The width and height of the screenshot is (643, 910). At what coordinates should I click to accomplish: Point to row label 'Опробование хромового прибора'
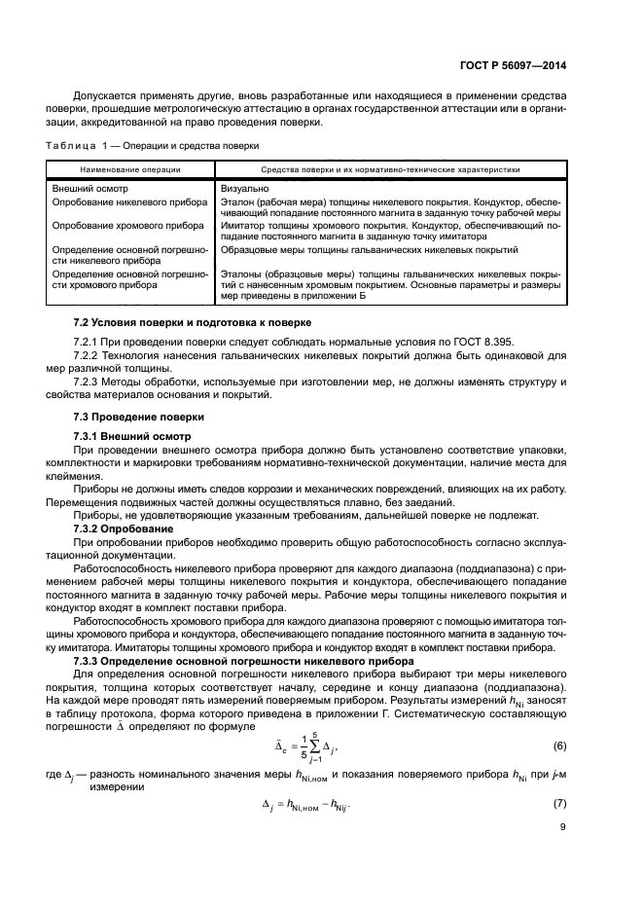pos(113,225)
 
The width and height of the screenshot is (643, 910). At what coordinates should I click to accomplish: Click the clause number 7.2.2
pos(88,357)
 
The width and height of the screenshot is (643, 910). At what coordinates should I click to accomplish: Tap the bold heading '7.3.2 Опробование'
pos(126,527)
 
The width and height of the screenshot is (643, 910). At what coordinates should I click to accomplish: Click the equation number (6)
pos(558,746)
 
